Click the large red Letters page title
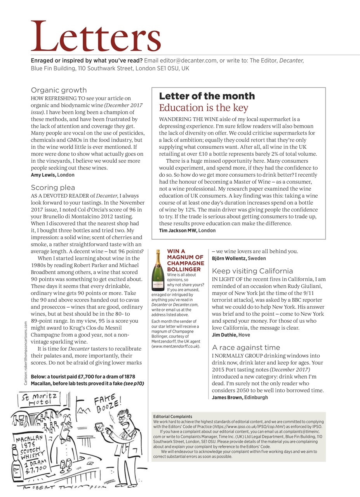click(x=96, y=36)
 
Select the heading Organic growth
click(x=59, y=90)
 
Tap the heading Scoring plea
click(x=53, y=188)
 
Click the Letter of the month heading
click(x=207, y=96)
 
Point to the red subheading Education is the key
click(x=203, y=108)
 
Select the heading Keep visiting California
click(x=252, y=271)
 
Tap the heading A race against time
click(x=246, y=347)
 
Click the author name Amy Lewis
click(x=43, y=175)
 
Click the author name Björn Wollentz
click(x=229, y=259)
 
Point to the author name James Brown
click(x=227, y=397)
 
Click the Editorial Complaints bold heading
click(x=172, y=417)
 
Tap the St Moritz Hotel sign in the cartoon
click(x=40, y=399)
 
